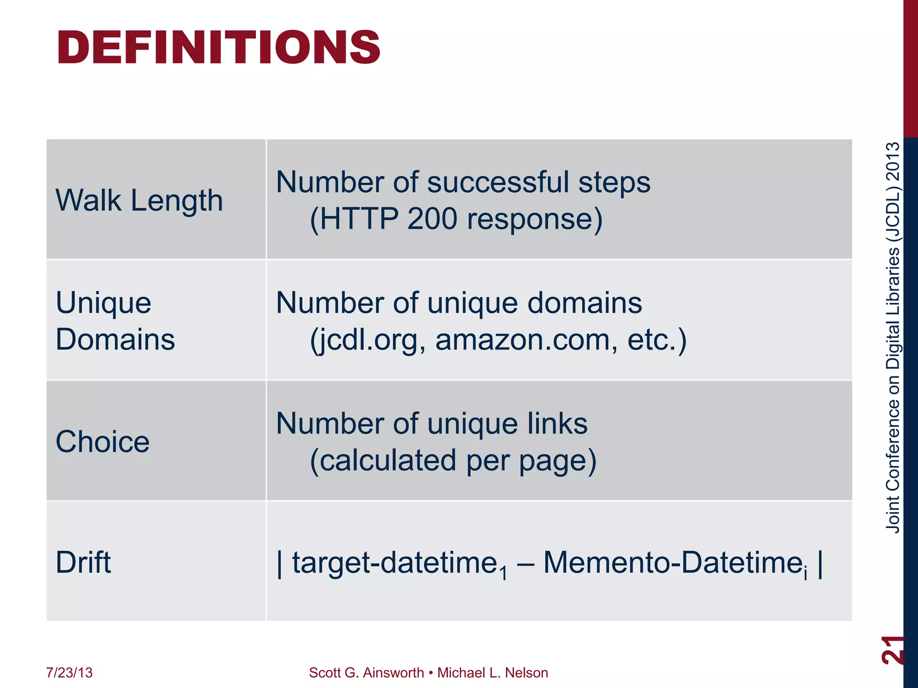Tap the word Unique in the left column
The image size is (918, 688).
[104, 303]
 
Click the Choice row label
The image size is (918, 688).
[102, 442]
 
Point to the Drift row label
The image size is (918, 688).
[83, 562]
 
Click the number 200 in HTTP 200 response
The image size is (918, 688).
[432, 219]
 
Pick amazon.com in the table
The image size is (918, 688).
[523, 340]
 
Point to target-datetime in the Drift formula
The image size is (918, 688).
[395, 563]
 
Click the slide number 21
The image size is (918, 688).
[892, 649]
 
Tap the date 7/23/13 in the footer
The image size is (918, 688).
[69, 673]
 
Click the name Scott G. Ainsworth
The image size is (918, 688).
[366, 673]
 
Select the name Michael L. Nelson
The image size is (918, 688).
[493, 673]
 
